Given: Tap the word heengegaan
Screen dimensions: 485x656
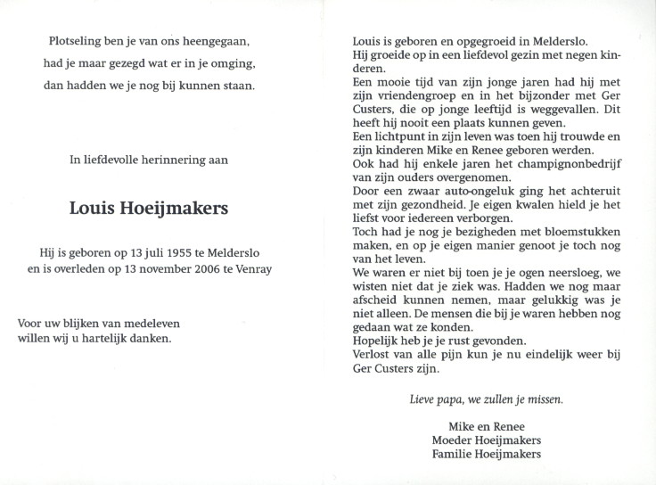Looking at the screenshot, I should pyautogui.click(x=214, y=42).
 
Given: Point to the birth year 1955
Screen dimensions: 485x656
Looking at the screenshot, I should pyautogui.click(x=184, y=252).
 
